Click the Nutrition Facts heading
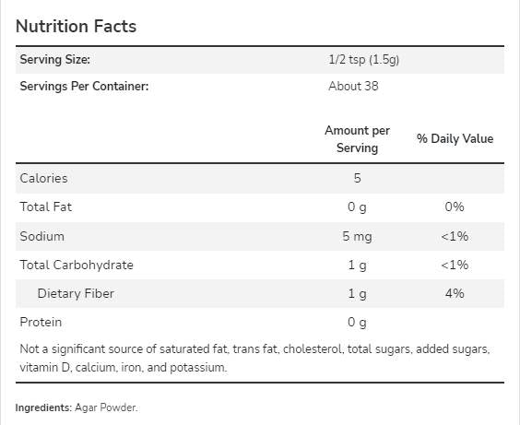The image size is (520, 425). pyautogui.click(x=76, y=26)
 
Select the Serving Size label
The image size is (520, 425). pyautogui.click(x=55, y=60)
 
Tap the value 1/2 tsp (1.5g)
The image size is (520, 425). pyautogui.click(x=357, y=60)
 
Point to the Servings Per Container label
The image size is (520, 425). pyautogui.click(x=84, y=87)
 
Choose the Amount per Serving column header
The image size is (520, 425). pyautogui.click(x=357, y=139)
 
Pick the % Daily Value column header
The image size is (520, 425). pyautogui.click(x=455, y=139)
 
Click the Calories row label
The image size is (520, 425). pyautogui.click(x=43, y=178)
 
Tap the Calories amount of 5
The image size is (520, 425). pyautogui.click(x=357, y=178)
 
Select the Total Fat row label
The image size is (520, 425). pyautogui.click(x=45, y=207)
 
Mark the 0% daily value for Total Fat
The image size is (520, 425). pyautogui.click(x=455, y=207)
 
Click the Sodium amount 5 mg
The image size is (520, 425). pyautogui.click(x=357, y=236)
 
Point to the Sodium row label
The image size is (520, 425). pyautogui.click(x=41, y=236)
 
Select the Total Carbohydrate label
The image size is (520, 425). pyautogui.click(x=77, y=265)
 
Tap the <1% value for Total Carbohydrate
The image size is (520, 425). pyautogui.click(x=455, y=265)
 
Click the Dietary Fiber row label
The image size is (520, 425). pyautogui.click(x=76, y=294)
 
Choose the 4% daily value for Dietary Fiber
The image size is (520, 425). pyautogui.click(x=455, y=294)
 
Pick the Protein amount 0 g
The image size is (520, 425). pyautogui.click(x=357, y=323)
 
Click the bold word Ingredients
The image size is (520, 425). pyautogui.click(x=44, y=407)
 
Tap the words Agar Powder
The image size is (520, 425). pyautogui.click(x=107, y=407)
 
